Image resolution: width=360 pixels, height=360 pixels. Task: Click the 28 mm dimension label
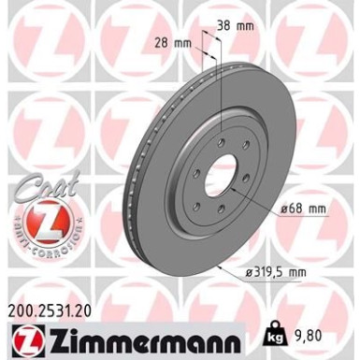[174, 42]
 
